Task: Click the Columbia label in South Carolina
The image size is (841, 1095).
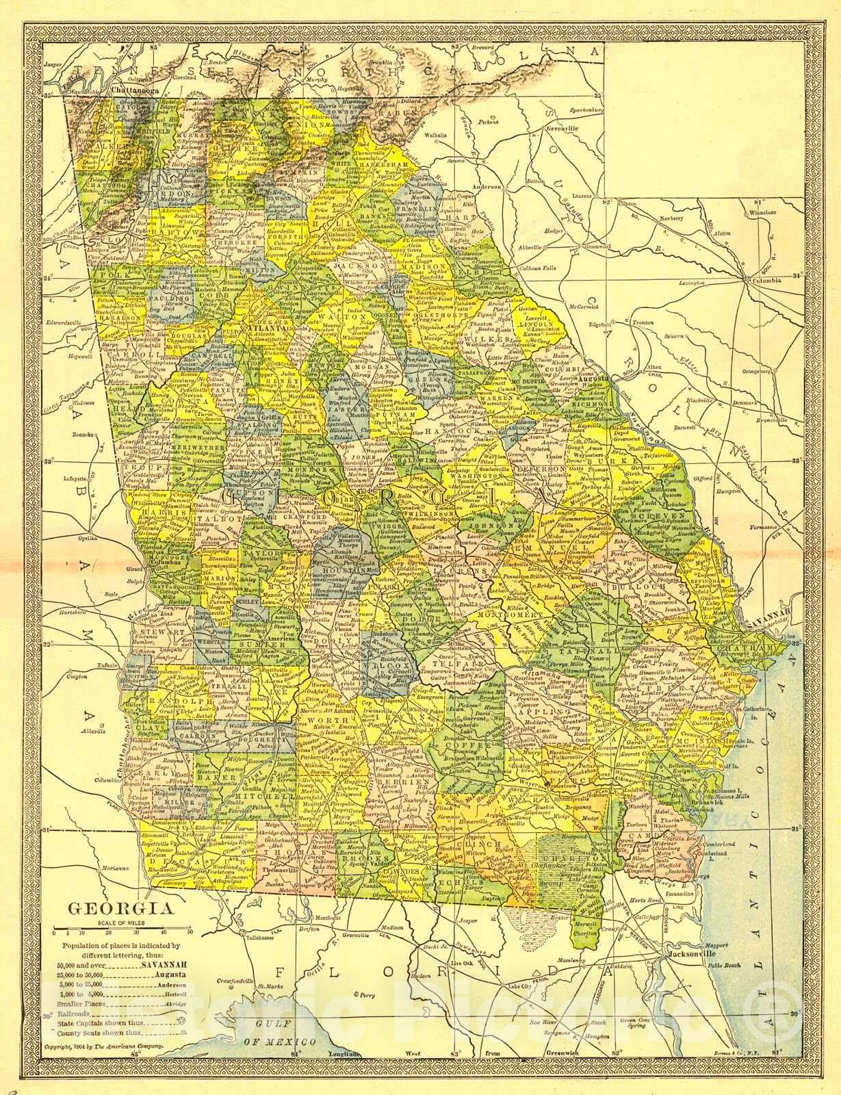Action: [764, 281]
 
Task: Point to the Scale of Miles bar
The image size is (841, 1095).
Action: [123, 932]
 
